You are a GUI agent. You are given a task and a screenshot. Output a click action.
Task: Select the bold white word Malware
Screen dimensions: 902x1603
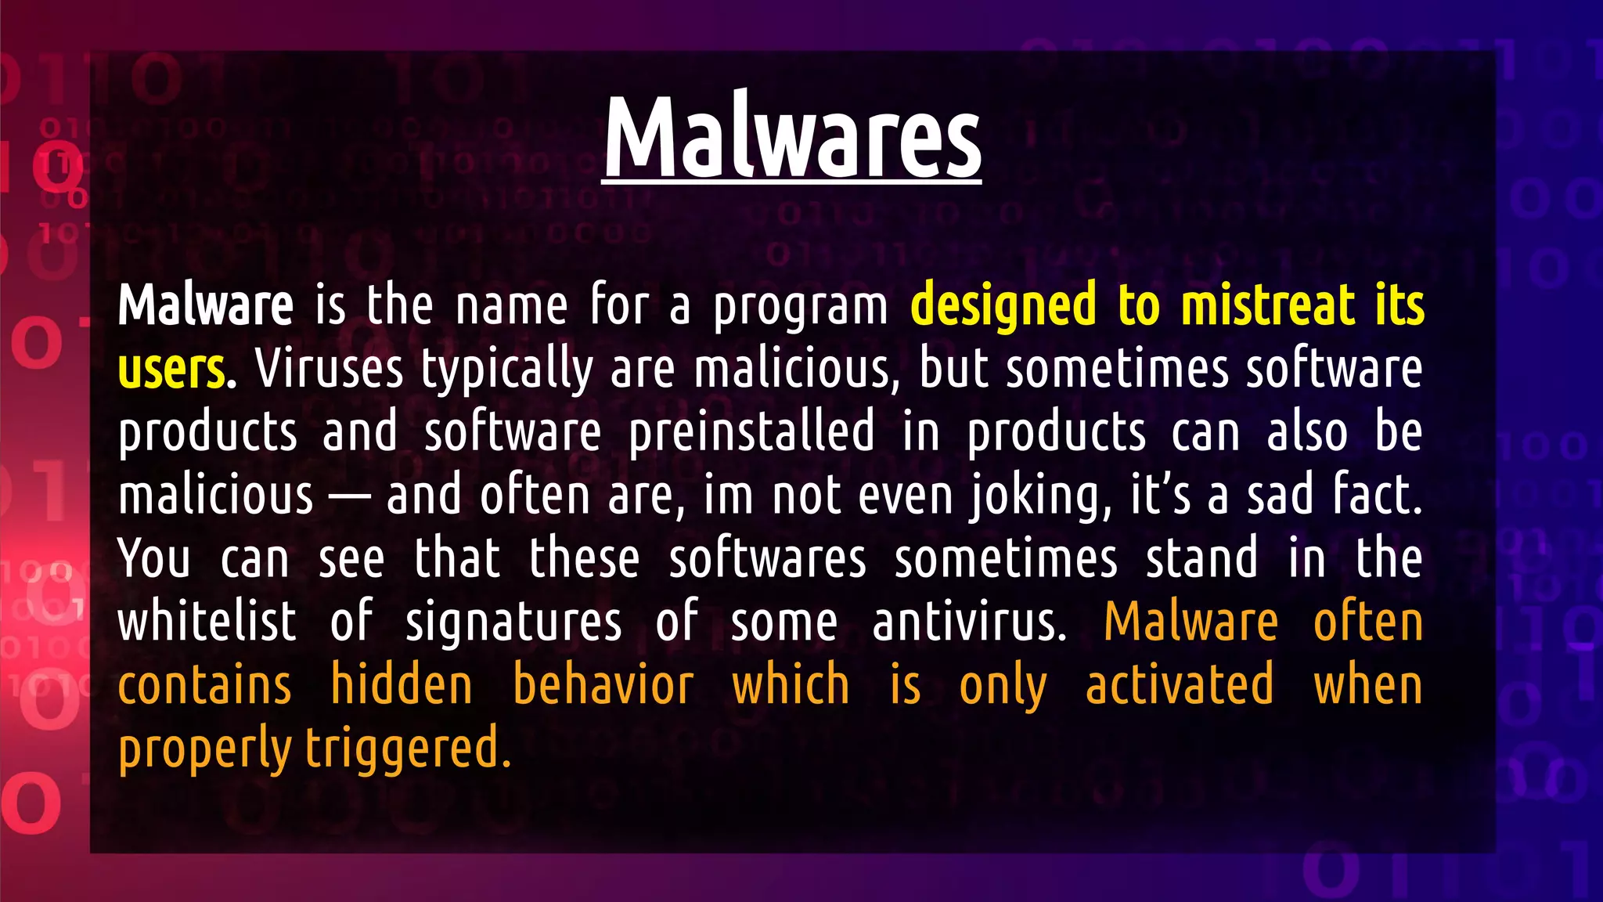click(206, 305)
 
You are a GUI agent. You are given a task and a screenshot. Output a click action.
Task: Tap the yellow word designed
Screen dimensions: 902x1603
click(1003, 306)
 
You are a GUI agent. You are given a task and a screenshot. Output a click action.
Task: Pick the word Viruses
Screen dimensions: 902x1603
click(329, 368)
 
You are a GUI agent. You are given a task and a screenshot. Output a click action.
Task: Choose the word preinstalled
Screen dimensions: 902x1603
click(751, 431)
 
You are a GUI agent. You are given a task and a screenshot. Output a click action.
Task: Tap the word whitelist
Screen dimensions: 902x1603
click(207, 622)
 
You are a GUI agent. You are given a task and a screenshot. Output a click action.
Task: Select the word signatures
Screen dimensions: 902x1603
click(513, 623)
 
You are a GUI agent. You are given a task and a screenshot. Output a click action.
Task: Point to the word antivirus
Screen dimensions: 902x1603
click(969, 622)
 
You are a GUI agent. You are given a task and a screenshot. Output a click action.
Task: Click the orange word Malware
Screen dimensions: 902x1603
click(1191, 622)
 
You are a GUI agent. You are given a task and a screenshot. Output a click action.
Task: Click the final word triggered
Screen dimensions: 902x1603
click(408, 749)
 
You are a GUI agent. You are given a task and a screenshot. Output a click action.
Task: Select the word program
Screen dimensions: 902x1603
click(800, 306)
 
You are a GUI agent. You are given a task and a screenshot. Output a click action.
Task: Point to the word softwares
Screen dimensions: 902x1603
click(767, 558)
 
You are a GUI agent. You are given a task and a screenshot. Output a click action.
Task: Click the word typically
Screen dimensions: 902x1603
click(506, 370)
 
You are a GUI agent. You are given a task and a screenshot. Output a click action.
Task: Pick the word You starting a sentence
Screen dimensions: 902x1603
click(154, 558)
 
